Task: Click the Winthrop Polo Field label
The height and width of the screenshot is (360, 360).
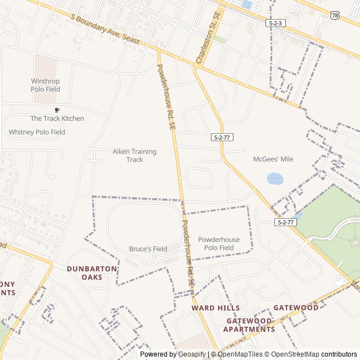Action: pyautogui.click(x=45, y=85)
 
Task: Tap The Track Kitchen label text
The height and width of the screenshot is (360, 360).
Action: pyautogui.click(x=57, y=119)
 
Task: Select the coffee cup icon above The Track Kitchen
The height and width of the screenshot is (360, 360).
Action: pyautogui.click(x=57, y=110)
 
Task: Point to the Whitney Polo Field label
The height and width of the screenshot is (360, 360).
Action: pyautogui.click(x=37, y=132)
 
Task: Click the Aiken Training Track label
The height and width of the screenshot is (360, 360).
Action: pyautogui.click(x=134, y=155)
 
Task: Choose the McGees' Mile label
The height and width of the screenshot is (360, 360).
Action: pyautogui.click(x=273, y=159)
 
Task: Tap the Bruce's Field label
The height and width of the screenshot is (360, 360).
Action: pyautogui.click(x=148, y=249)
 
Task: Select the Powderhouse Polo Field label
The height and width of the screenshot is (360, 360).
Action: pyautogui.click(x=219, y=244)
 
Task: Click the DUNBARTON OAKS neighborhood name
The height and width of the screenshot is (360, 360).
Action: pyautogui.click(x=92, y=273)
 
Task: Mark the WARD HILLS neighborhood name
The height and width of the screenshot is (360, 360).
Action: pyautogui.click(x=215, y=308)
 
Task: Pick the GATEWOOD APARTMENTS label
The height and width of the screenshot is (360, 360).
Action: pyautogui.click(x=250, y=325)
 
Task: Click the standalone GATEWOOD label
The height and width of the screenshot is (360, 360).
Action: pyautogui.click(x=296, y=308)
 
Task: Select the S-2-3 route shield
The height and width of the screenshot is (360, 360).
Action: pyautogui.click(x=275, y=23)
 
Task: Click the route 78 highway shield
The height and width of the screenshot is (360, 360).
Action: pyautogui.click(x=335, y=15)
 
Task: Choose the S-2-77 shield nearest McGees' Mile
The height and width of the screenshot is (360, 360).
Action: pyautogui.click(x=222, y=137)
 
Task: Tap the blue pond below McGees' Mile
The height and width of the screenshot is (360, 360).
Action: pyautogui.click(x=275, y=179)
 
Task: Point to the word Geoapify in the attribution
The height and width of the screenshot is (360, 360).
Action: pyautogui.click(x=192, y=354)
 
